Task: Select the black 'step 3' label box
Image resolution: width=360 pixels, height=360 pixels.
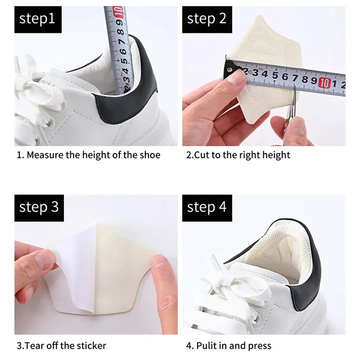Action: coord(38,207)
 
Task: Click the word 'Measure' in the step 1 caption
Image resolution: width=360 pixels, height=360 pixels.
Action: coord(45,155)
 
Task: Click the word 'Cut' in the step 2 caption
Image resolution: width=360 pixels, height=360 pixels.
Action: coord(201,155)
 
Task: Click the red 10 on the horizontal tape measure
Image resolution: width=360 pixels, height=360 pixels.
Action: coord(325,83)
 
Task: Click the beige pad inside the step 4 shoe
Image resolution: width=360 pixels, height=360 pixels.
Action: coord(270,252)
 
